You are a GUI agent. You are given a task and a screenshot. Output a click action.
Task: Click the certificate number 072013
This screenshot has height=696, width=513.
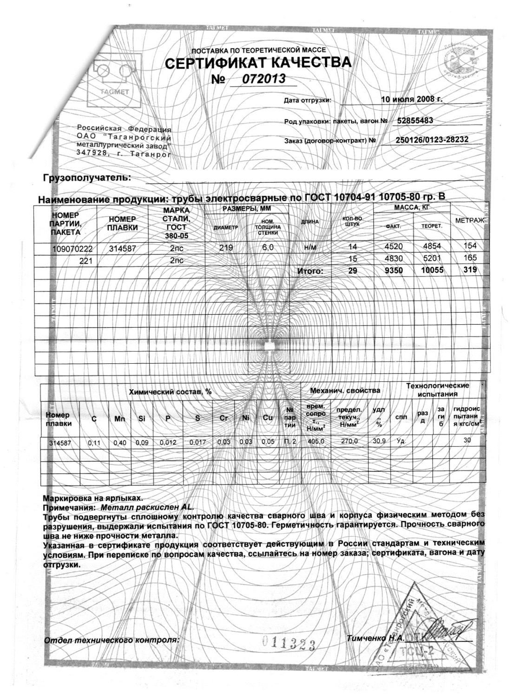pos(263,79)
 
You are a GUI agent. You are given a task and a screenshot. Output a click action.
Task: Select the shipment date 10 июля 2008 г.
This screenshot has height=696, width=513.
pos(412,99)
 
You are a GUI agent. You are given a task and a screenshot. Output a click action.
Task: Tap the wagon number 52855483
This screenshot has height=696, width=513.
pos(415,121)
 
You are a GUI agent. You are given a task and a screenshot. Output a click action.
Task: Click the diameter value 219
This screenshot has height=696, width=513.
pos(226,248)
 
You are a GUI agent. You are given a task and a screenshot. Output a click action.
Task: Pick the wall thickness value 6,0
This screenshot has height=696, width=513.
pos(268,248)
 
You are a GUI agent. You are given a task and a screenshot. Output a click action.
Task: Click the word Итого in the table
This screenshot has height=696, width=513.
pos(309,271)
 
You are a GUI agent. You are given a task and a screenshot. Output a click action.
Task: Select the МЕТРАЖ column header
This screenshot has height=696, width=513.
pos(470,219)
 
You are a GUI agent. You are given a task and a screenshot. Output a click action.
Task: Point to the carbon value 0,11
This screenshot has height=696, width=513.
pos(94,443)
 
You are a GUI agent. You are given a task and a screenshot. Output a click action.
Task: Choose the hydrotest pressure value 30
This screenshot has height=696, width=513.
pos(467,440)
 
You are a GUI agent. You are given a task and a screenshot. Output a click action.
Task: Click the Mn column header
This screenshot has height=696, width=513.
pos(119,419)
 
